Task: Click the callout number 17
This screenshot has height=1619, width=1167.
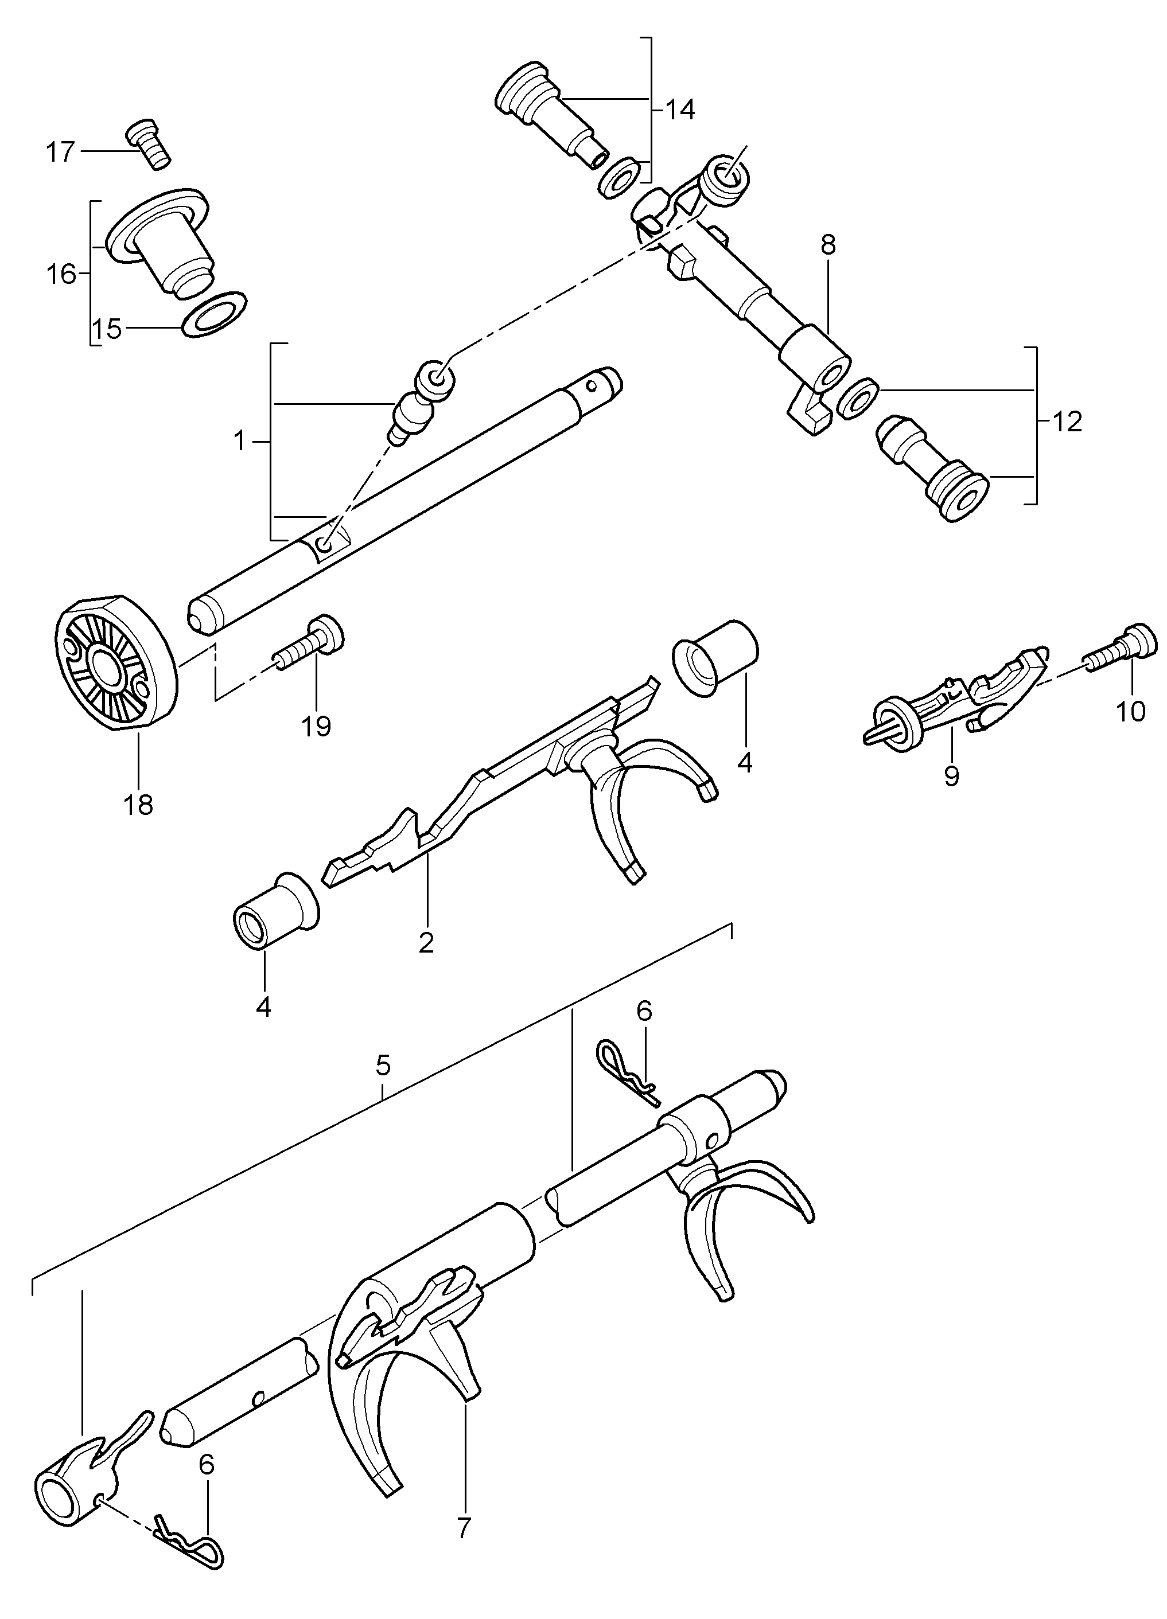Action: (61, 152)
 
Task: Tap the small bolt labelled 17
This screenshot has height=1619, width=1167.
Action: (149, 143)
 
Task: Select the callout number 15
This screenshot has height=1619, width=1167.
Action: (106, 330)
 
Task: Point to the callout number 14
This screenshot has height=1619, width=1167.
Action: (679, 110)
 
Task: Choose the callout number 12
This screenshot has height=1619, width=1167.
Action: (1067, 422)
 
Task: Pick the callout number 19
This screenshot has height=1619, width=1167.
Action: (316, 727)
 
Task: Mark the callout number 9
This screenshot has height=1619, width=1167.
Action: (951, 775)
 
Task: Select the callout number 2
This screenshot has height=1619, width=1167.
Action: (426, 943)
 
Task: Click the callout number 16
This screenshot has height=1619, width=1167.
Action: (62, 274)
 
